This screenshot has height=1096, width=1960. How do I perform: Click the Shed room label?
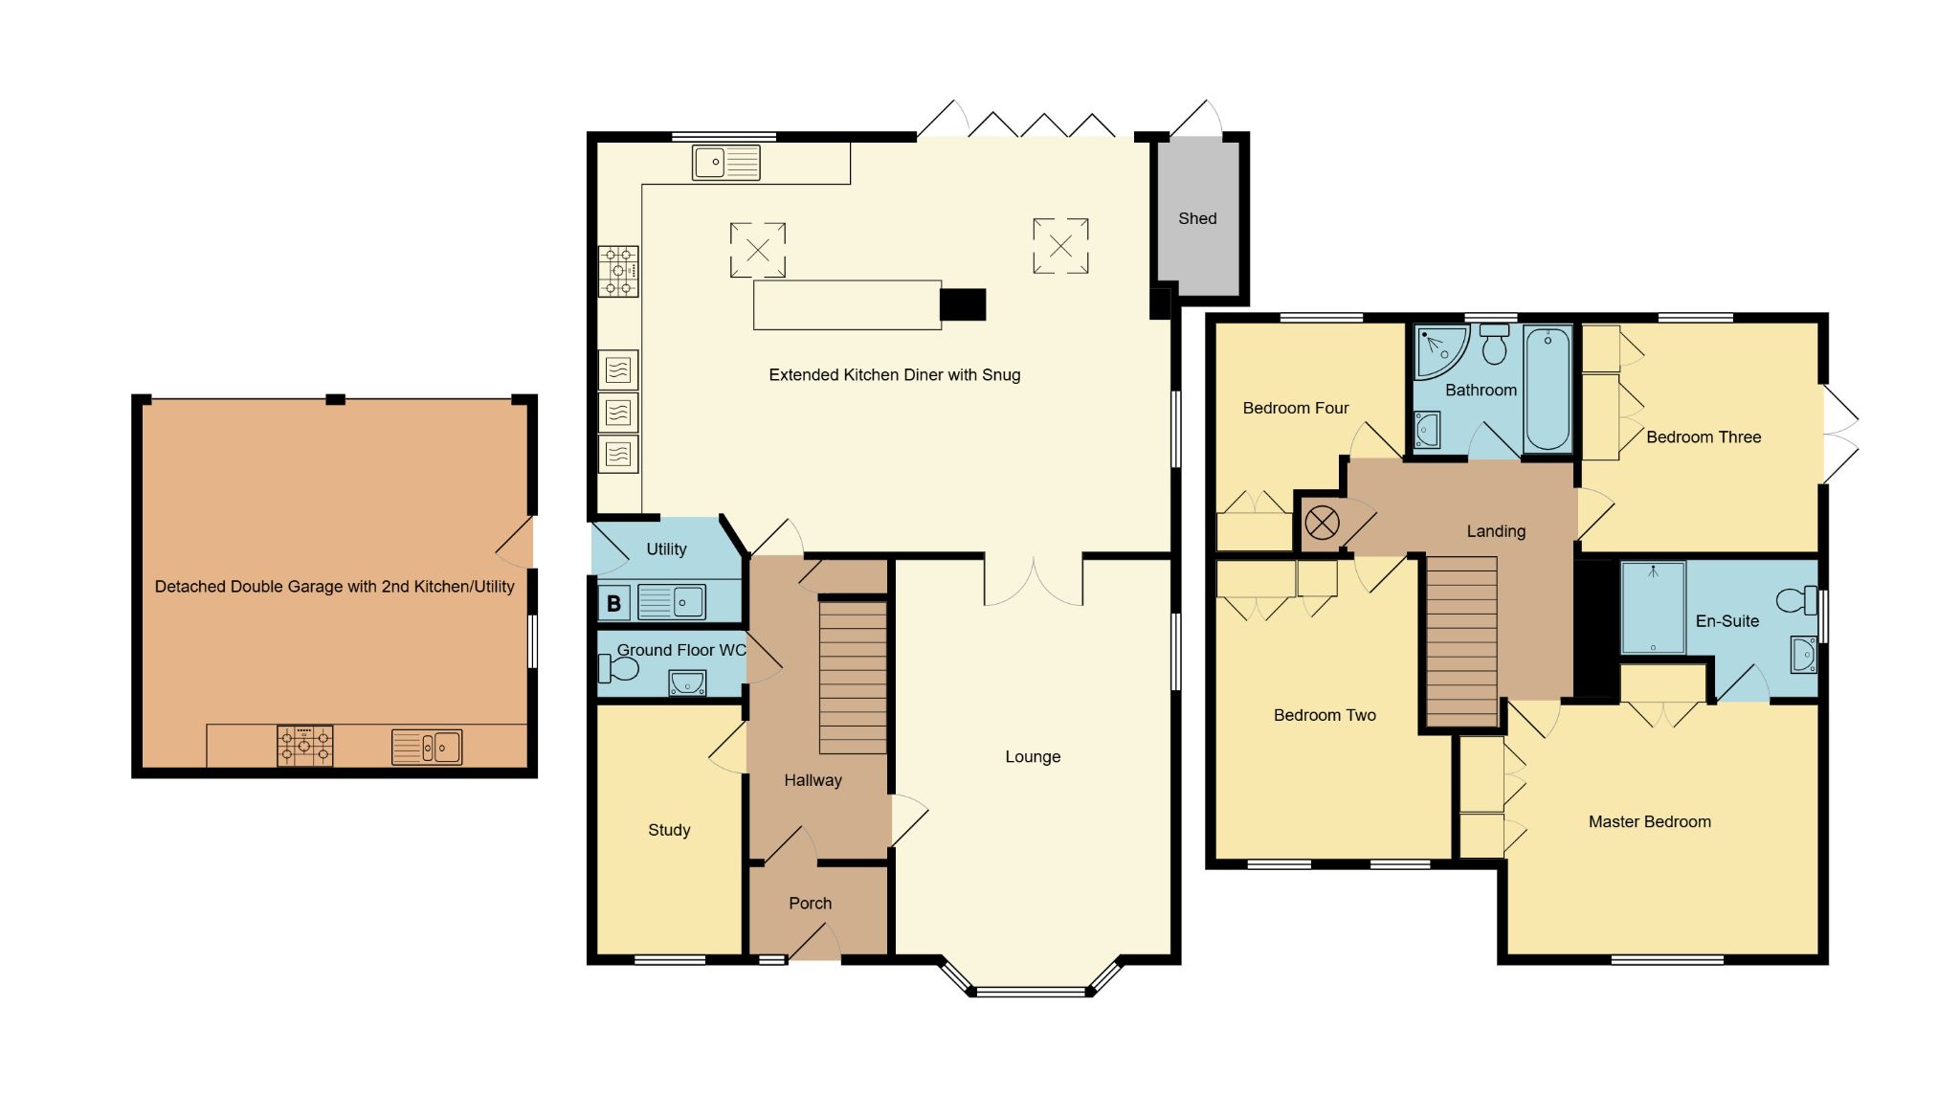1197,218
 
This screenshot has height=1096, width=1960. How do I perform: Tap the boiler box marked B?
613,604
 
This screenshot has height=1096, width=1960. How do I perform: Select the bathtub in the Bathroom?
1547,390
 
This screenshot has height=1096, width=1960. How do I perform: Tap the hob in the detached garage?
305,746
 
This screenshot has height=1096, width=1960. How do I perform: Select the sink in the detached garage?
427,747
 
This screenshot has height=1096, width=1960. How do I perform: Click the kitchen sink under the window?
725,163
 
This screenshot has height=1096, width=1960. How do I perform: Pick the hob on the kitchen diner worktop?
618,271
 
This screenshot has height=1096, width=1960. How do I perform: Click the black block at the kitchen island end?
963,304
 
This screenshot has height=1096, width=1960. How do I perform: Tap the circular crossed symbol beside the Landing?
1322,523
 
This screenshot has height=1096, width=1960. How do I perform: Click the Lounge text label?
1033,756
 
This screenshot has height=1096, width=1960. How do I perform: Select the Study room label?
669,830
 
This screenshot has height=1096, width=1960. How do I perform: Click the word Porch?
810,903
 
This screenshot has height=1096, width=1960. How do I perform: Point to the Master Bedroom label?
1649,821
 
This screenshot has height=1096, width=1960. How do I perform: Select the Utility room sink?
671,602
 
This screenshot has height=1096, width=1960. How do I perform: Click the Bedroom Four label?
1295,408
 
